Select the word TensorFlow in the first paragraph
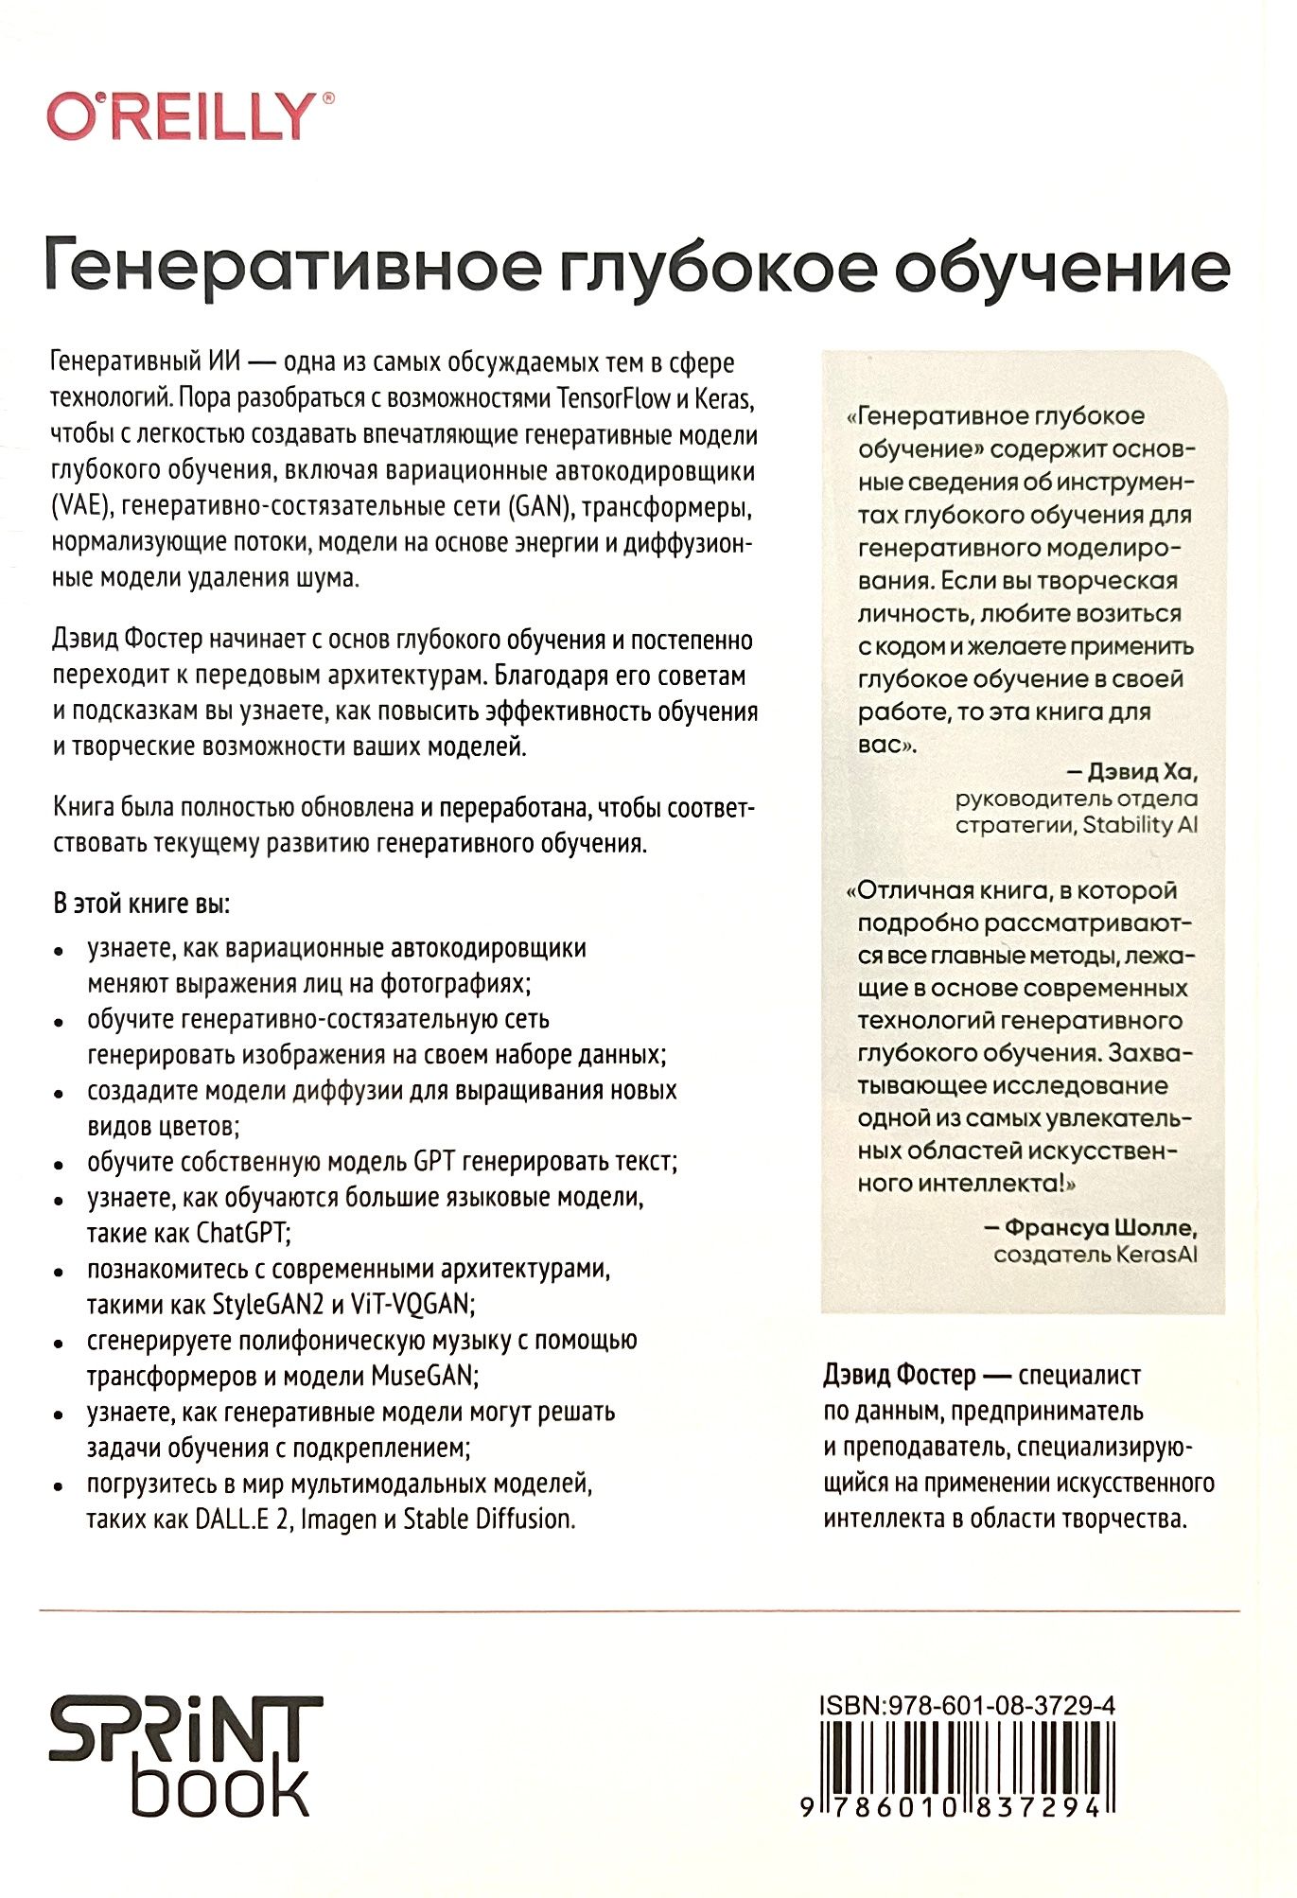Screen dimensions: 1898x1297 [614, 398]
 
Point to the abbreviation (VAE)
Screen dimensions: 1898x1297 [81, 506]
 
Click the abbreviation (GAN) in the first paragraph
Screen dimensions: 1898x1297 [541, 506]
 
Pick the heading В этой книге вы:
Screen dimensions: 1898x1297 [141, 904]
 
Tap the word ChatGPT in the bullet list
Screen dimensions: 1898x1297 [242, 1233]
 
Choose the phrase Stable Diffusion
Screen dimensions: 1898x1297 [489, 1520]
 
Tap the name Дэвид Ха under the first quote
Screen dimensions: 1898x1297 [1142, 772]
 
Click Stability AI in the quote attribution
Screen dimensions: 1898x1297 [1140, 825]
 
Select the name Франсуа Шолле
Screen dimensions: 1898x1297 [1100, 1228]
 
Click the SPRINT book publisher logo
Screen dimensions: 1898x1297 [184, 1757]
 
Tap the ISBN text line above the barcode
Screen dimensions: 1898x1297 [967, 1706]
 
